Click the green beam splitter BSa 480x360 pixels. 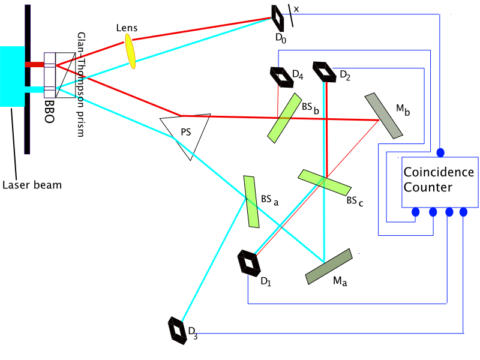pos(251,201)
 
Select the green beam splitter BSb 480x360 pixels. pos(284,117)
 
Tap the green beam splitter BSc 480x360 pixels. pos(324,182)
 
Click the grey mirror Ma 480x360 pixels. pos(328,266)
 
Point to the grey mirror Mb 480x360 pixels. pos(384,115)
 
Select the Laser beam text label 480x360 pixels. pos(32,185)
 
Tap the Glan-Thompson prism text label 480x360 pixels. pos(80,84)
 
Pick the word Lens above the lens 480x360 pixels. pos(127,28)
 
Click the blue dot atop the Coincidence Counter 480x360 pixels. pos(440,151)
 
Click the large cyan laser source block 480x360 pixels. pos(12,77)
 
